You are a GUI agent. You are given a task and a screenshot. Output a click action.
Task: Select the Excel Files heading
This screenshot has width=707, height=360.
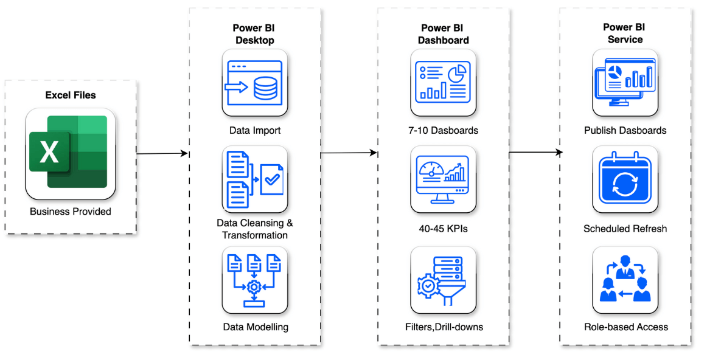[71, 95]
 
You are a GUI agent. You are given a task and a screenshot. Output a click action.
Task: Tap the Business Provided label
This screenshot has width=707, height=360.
[71, 212]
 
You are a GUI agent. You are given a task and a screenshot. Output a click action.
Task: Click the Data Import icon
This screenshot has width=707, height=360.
[254, 83]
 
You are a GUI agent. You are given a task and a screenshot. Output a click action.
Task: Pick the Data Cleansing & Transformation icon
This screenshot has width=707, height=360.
[254, 179]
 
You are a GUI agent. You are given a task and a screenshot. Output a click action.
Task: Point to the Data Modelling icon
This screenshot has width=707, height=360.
[254, 280]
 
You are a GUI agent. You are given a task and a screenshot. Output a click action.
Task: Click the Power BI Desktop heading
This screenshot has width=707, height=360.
[254, 34]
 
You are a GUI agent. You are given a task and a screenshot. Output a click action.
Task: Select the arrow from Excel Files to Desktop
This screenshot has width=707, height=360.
[162, 153]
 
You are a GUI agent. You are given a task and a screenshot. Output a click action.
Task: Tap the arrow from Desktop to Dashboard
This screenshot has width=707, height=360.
[349, 153]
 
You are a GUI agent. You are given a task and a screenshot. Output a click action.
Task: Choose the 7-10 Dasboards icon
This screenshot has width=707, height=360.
[443, 83]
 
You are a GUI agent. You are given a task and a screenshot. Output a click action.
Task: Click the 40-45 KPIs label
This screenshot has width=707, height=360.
[443, 229]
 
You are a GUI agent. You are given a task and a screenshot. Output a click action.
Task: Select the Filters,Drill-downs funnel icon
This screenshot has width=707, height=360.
[443, 280]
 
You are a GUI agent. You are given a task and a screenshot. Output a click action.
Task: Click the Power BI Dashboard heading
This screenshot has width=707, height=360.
[443, 34]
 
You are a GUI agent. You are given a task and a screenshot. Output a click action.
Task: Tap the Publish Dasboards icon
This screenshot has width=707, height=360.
[625, 83]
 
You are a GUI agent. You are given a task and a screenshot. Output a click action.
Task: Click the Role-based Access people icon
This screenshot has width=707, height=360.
[625, 280]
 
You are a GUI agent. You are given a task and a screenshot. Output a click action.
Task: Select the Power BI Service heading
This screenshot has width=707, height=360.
[625, 33]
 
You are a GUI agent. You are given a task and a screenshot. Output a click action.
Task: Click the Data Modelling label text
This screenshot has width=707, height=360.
[255, 327]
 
